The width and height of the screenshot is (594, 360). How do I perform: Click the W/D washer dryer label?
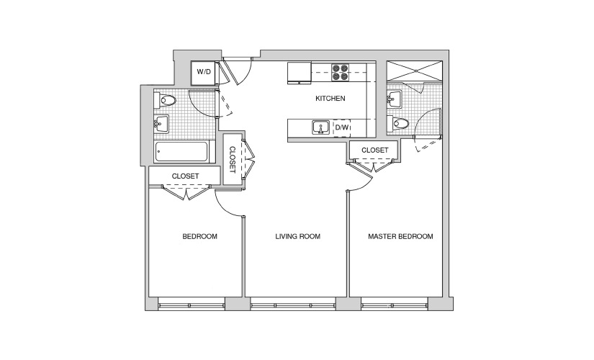[204, 71]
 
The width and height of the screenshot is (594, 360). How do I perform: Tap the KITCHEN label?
[330, 99]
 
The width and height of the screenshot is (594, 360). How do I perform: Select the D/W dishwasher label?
[342, 127]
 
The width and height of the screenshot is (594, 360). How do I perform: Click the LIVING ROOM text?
[298, 236]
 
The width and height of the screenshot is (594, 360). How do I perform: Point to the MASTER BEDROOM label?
[400, 236]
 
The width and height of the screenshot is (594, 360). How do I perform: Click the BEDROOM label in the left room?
[199, 236]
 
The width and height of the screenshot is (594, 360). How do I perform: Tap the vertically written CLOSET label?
[233, 160]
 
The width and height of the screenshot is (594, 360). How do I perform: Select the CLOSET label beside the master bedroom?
[374, 150]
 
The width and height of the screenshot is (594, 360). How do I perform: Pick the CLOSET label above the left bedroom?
[185, 176]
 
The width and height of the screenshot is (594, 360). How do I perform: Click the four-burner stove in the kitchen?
[340, 72]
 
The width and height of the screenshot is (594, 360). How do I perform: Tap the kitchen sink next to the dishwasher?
[321, 127]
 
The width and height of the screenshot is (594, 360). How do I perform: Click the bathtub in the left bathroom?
[181, 152]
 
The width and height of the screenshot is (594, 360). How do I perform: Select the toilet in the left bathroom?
[166, 100]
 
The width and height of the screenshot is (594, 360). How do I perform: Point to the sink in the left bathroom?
[161, 124]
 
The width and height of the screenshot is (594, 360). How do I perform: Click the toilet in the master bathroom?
[398, 123]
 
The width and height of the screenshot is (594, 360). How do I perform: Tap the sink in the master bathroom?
[394, 99]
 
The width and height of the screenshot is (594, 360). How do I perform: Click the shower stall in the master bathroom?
[414, 71]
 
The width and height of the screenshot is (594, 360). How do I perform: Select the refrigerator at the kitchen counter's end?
[300, 73]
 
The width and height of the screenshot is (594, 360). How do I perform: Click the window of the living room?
[293, 305]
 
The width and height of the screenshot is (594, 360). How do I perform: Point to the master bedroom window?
[395, 305]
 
